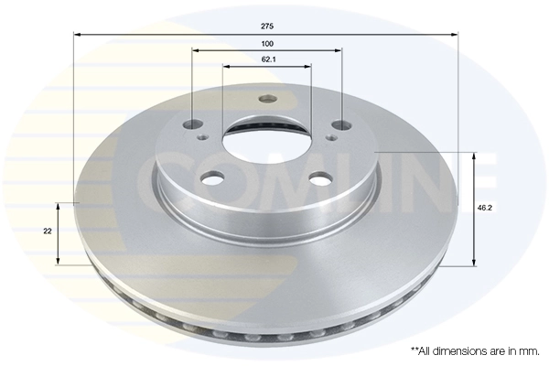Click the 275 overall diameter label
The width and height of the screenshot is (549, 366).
(266, 27)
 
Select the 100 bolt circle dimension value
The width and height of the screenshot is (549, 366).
(266, 44)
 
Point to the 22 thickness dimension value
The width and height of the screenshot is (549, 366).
(47, 231)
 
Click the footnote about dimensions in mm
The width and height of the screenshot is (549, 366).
(475, 350)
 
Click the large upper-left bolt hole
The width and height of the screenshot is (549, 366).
(192, 125)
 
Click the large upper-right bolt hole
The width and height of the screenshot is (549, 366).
(340, 124)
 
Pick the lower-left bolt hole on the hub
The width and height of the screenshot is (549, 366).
(211, 179)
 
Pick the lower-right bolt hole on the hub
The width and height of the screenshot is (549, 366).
(320, 179)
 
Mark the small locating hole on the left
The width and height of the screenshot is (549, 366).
(203, 140)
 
